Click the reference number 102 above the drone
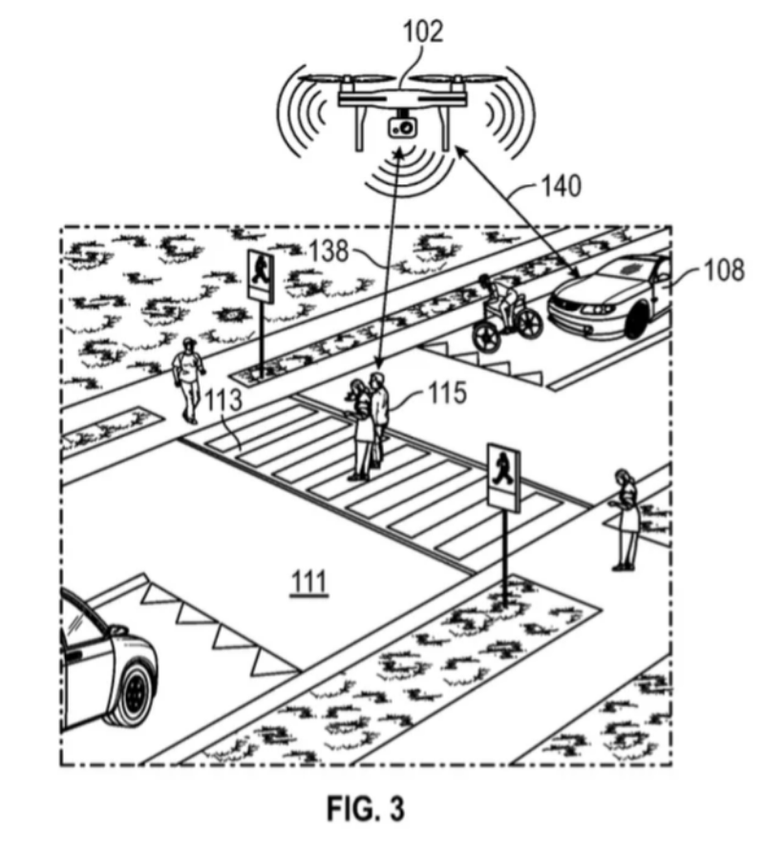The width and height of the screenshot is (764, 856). pyautogui.click(x=422, y=31)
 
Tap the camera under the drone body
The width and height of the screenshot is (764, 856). pyautogui.click(x=402, y=126)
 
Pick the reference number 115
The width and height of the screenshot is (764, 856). pyautogui.click(x=443, y=393)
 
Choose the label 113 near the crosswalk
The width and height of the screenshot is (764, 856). pyautogui.click(x=226, y=404)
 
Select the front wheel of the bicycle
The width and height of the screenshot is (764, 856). pyautogui.click(x=488, y=332)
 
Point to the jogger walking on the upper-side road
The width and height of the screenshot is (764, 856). pyautogui.click(x=189, y=376)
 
